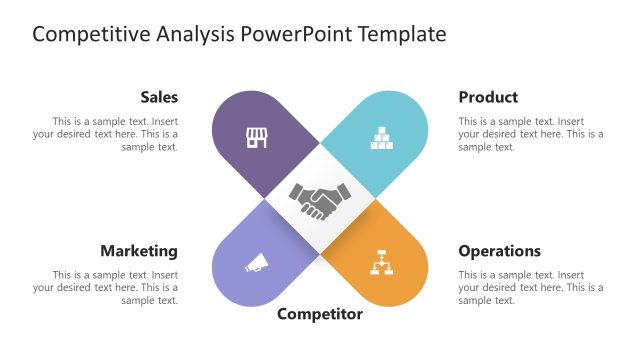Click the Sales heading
159,97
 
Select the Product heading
488,97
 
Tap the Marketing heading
139,251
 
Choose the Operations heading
499,251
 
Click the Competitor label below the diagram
320,314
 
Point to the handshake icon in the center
320,200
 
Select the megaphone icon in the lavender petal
257,264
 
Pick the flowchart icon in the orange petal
382,262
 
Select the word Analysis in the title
197,35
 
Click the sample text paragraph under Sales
106,134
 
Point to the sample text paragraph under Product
530,134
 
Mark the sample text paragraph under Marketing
106,287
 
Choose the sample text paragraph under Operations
530,287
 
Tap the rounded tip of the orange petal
405,285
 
